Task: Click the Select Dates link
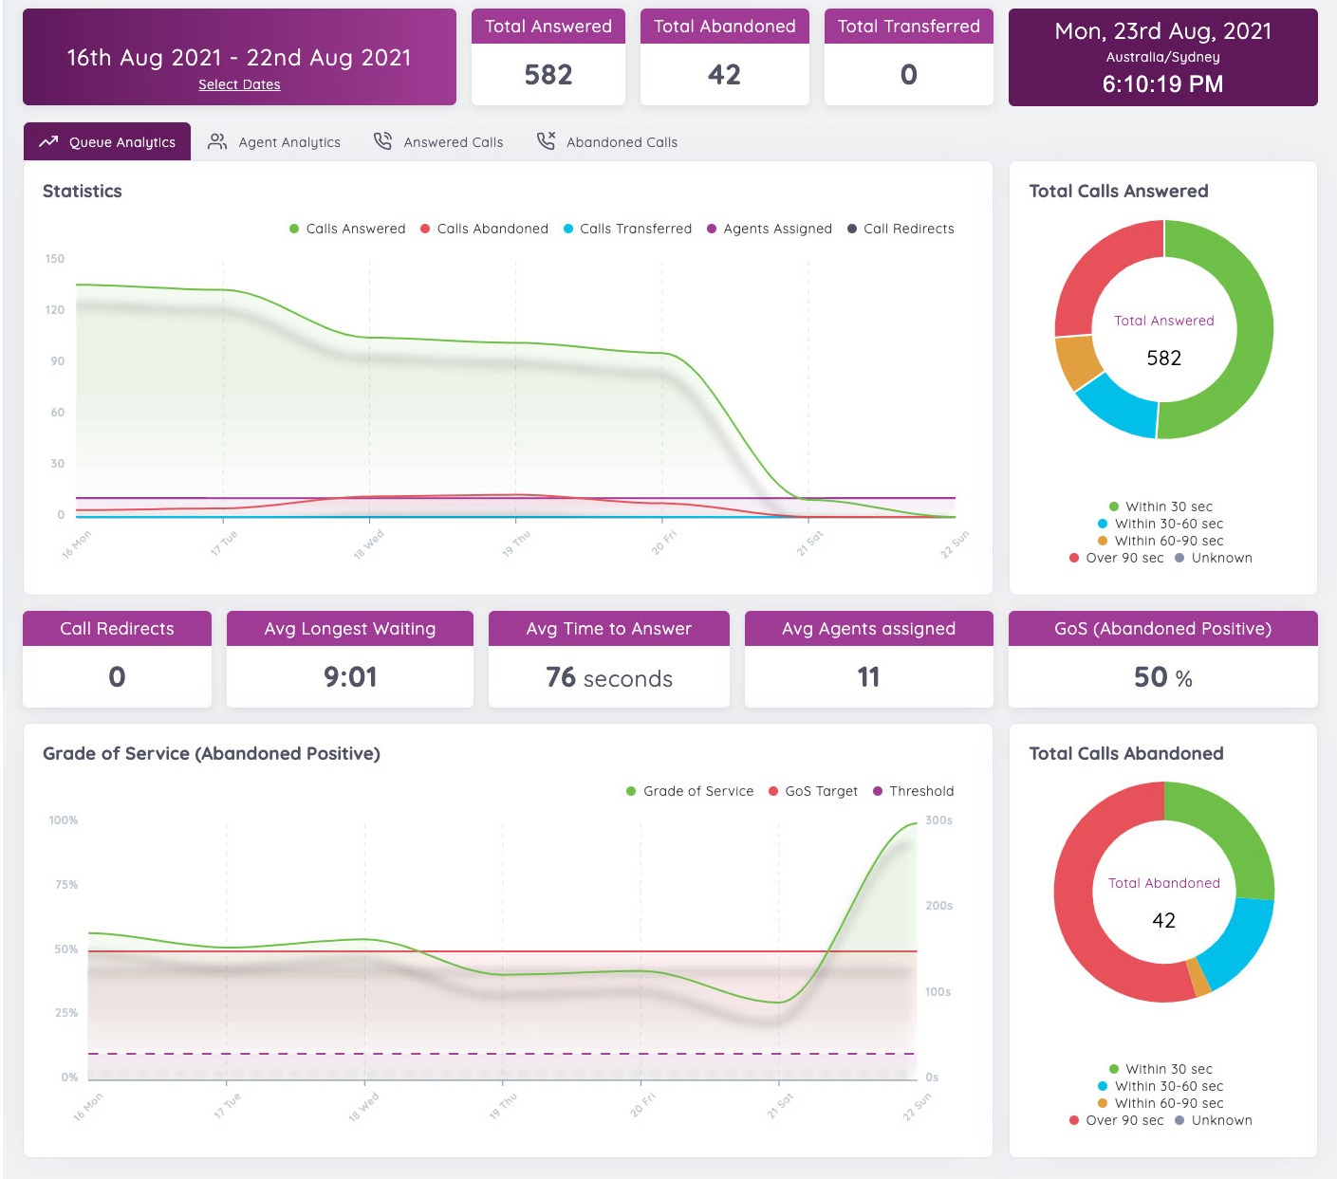[239, 84]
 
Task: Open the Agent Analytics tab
[274, 142]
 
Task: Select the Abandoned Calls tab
[607, 142]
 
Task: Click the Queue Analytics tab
[107, 142]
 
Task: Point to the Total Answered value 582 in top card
[548, 75]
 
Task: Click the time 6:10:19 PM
[1162, 84]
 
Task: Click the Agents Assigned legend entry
[770, 229]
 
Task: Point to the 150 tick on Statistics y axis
[55, 258]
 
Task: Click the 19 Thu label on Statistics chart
[516, 543]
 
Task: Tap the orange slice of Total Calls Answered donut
[1077, 361]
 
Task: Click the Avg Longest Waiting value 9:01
[350, 677]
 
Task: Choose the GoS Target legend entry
[813, 791]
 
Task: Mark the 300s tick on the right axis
[938, 820]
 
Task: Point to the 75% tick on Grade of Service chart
[66, 884]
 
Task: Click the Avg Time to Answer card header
[609, 629]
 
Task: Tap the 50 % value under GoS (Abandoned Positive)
[1162, 677]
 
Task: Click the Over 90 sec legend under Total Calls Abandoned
[1116, 1120]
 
